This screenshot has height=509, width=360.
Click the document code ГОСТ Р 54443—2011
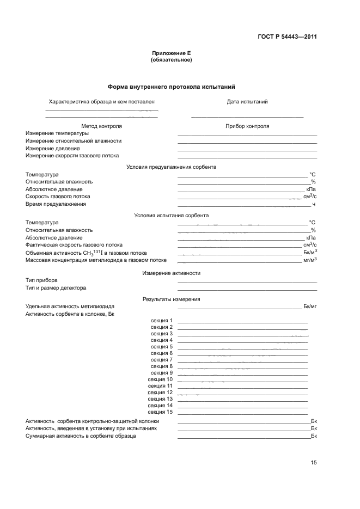(x=287, y=37)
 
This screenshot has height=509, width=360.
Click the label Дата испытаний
(x=247, y=102)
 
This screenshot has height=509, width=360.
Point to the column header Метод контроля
(x=101, y=126)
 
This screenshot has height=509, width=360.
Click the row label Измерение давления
(x=53, y=148)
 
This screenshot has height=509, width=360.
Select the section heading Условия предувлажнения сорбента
(x=171, y=167)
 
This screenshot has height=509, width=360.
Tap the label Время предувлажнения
(x=56, y=204)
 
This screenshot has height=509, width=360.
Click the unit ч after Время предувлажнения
(x=314, y=204)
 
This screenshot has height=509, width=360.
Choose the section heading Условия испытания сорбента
(x=171, y=215)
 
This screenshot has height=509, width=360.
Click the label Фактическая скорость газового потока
(x=74, y=245)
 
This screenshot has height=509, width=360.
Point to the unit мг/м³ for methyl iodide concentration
(x=310, y=260)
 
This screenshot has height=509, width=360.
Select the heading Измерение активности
(x=171, y=273)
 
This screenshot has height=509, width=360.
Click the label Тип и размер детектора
(x=56, y=288)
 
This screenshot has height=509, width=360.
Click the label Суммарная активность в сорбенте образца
(x=81, y=436)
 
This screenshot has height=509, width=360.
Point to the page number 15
(x=314, y=463)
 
